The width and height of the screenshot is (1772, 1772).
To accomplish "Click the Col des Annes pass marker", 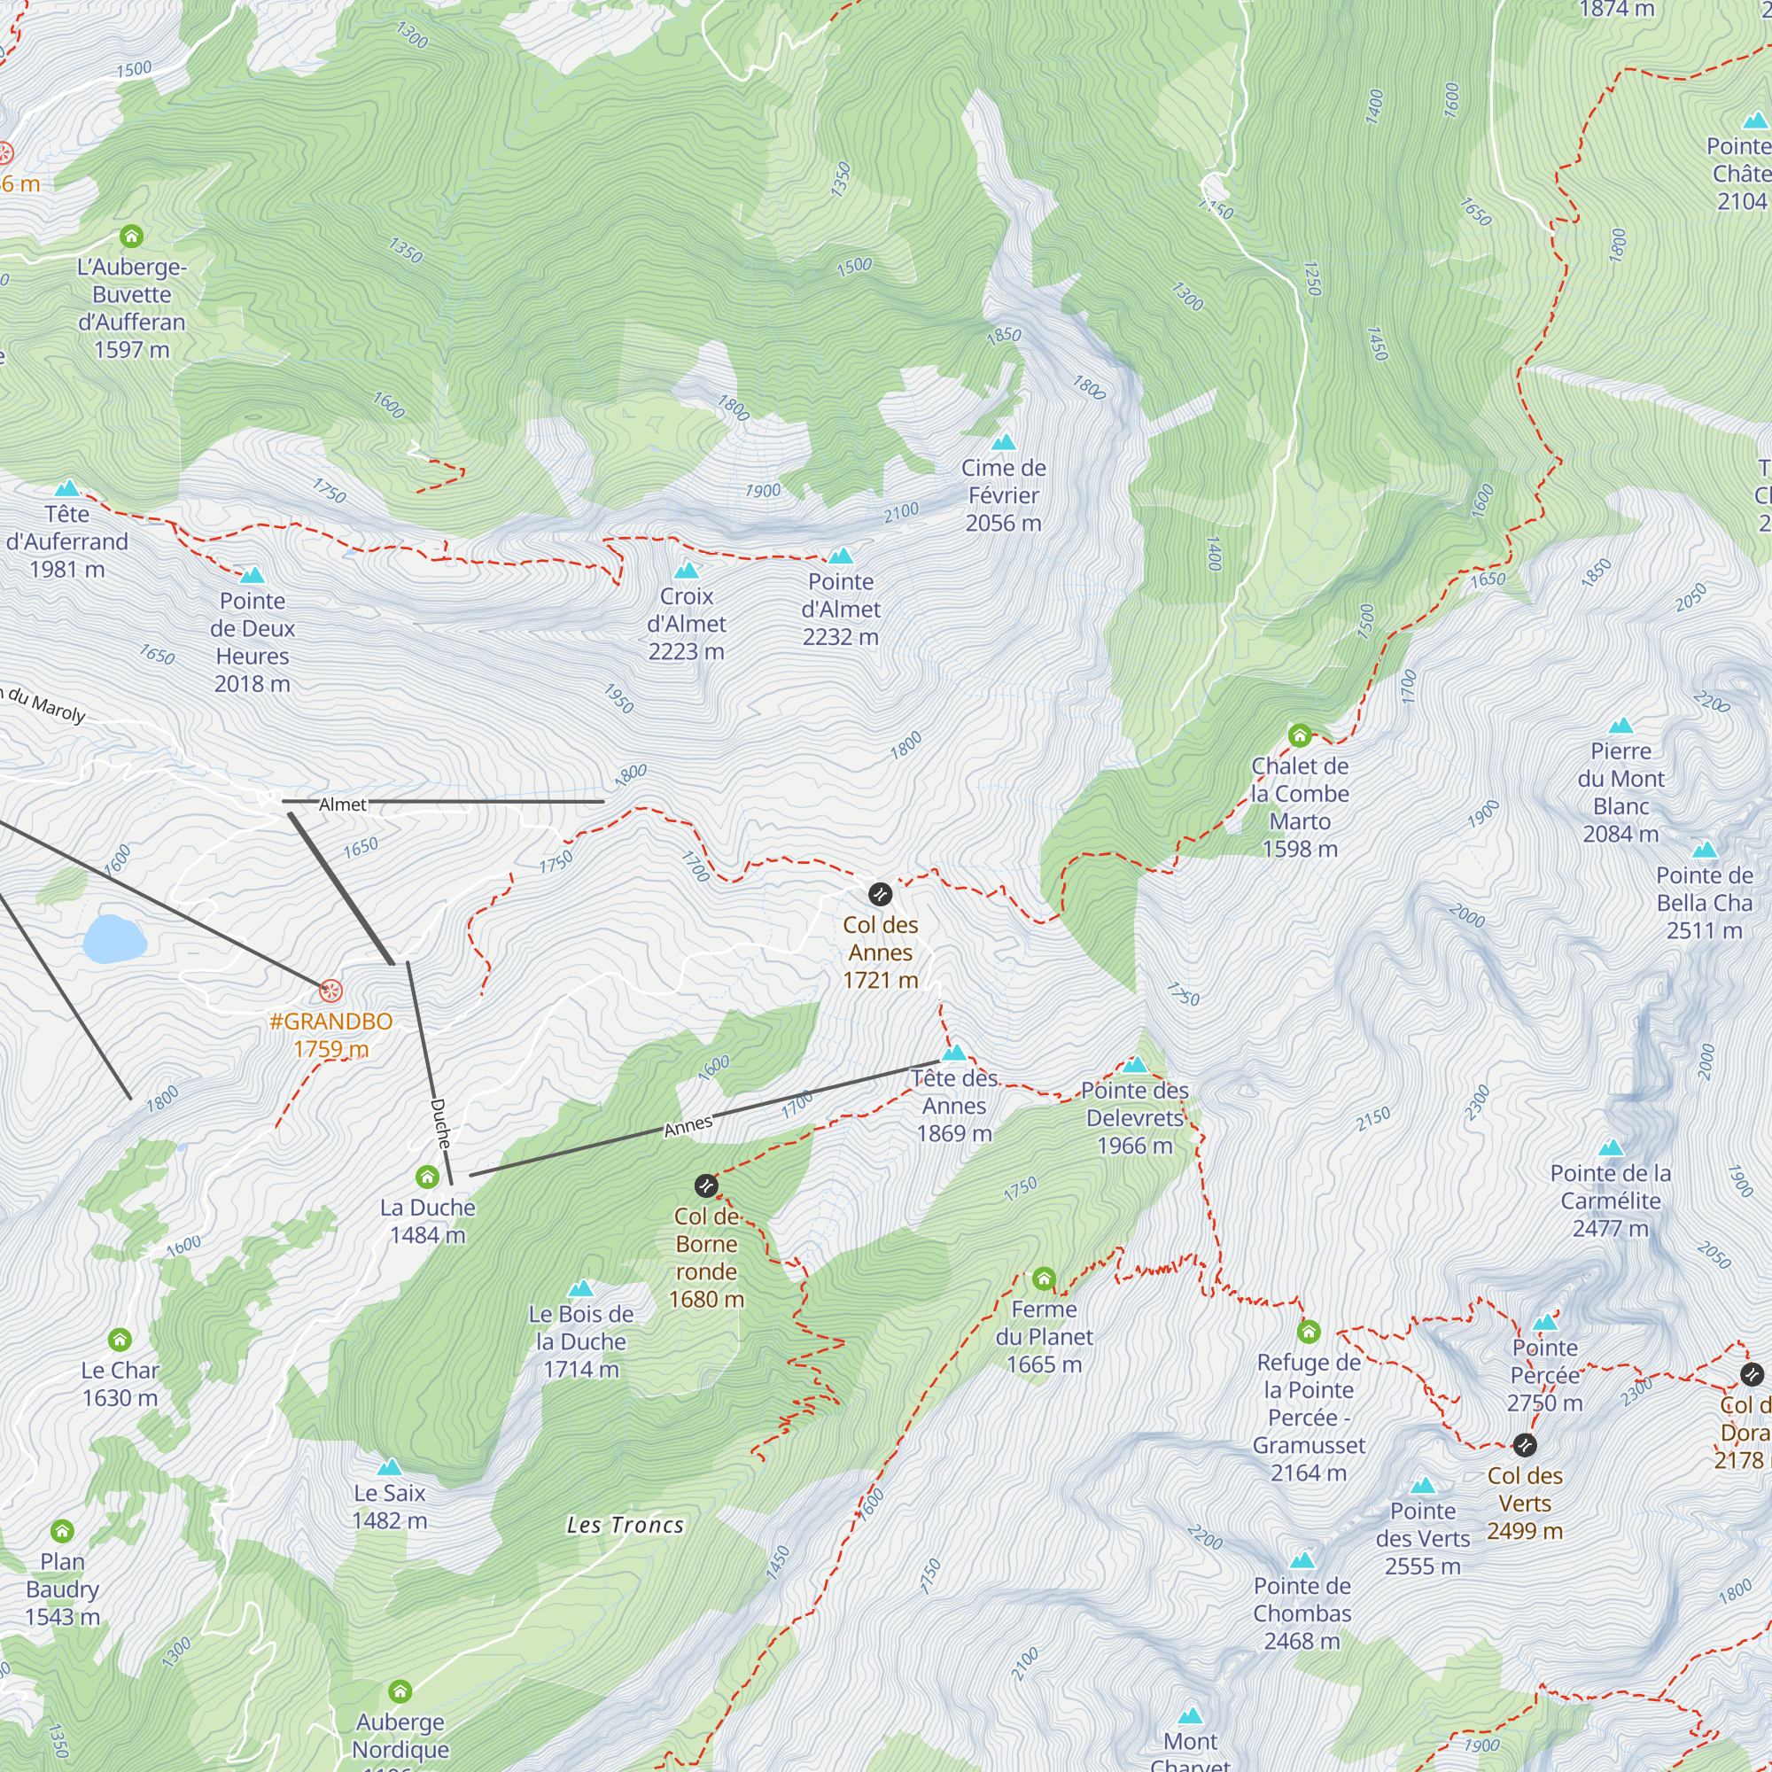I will point(880,893).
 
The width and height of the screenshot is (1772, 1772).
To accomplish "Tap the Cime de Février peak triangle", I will point(1004,442).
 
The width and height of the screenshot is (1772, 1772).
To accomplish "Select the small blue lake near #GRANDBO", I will point(113,938).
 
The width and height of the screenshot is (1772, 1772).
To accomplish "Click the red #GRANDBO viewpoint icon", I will point(330,991).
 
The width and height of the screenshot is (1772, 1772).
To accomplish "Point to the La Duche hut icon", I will point(427,1177).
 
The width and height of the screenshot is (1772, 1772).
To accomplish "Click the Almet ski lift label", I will point(342,804).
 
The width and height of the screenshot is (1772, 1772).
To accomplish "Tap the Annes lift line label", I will point(688,1126).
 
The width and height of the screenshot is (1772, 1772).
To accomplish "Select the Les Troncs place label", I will point(626,1526).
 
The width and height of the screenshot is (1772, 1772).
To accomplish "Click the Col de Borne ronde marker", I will point(705,1186).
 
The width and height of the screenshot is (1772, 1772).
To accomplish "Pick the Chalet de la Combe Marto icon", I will point(1300,734).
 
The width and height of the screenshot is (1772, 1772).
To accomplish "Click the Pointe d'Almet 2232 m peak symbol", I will point(840,556).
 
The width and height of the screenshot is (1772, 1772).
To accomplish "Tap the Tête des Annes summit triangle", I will point(954,1053).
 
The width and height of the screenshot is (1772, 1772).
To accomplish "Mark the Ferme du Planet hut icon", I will point(1044,1278).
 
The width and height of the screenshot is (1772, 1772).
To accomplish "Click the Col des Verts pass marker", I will point(1524,1445).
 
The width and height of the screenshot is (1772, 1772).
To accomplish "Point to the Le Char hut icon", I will point(120,1340).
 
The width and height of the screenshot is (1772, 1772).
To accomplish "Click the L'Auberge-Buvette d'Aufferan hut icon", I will point(132,237).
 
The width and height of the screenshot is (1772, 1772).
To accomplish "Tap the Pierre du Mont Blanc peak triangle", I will point(1620,726).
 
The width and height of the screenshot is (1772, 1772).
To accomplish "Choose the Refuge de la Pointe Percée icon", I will point(1309,1331).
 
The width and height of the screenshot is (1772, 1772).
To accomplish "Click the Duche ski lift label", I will point(441,1123).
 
